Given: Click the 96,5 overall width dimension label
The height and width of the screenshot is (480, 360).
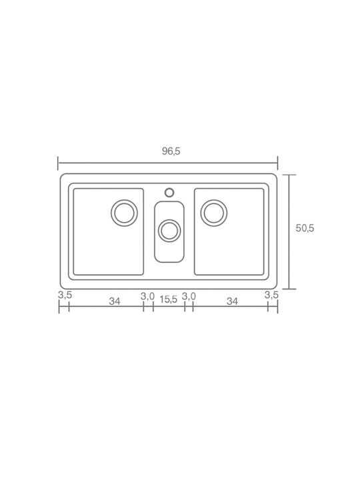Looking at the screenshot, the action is coord(171,151).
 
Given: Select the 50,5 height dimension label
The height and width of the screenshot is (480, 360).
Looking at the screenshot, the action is coord(305,228).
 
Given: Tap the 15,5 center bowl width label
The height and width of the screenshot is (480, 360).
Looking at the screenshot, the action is coord(169,299).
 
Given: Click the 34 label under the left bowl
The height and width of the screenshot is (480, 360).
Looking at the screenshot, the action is coord(115,301).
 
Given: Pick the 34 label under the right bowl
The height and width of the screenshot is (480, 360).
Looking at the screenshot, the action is coord(232,301).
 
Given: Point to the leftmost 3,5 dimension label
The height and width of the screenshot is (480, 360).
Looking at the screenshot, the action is coord(65,295).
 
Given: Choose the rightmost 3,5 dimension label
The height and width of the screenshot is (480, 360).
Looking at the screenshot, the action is coord(271,295).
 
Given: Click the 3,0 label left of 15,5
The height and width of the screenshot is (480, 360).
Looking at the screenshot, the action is coord(147,296).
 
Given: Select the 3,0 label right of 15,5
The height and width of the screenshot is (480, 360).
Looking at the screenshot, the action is coord(189,296).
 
